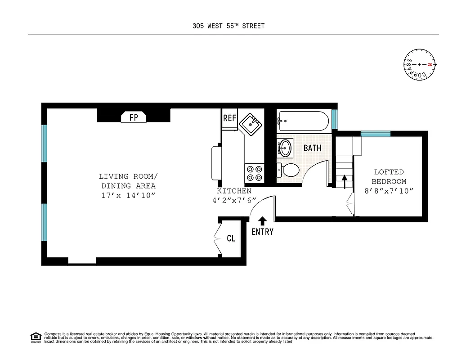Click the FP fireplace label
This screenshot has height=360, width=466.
coord(134,117)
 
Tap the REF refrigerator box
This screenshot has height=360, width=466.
coord(229,118)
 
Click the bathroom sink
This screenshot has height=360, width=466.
coord(285,147)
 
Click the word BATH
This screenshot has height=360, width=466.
coord(312,148)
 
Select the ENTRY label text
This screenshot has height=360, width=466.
coord(262,232)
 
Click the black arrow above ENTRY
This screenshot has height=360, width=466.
coord(262,220)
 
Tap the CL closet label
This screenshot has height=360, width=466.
coord(231,238)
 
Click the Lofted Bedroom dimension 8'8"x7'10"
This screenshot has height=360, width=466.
coord(389,191)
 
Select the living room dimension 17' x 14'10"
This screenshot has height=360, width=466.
coord(129,195)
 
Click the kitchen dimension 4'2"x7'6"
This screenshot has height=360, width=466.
coord(234,200)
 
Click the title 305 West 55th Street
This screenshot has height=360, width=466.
coord(228,26)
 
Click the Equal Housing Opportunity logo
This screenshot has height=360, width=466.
coord(35,337)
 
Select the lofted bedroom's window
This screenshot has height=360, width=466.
coord(376,134)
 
